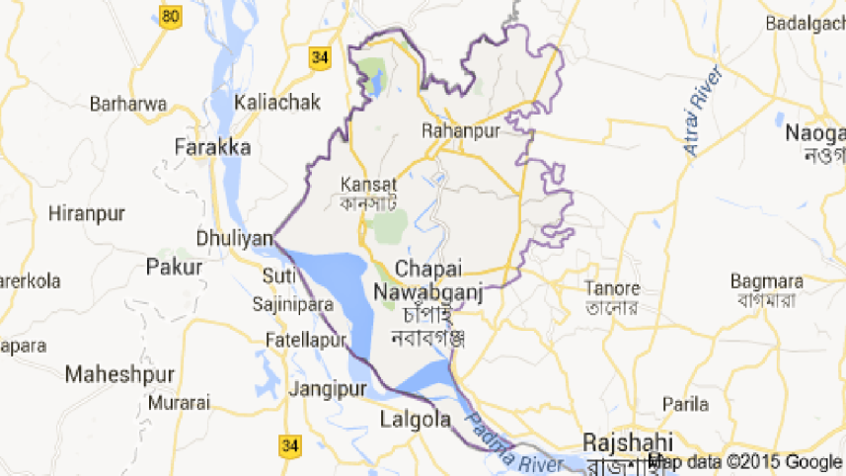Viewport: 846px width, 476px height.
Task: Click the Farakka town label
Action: tap(211, 147)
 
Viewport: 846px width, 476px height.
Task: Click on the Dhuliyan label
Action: tap(229, 238)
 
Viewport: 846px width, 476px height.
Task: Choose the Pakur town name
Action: tap(174, 266)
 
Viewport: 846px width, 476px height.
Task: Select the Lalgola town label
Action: tap(415, 422)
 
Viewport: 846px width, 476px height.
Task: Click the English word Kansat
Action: tap(368, 184)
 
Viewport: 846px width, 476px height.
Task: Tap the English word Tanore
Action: tap(612, 289)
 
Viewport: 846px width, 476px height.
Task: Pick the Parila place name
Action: tap(686, 404)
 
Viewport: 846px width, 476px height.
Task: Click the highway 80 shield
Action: tap(172, 16)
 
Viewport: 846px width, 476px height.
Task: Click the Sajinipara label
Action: tap(293, 304)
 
